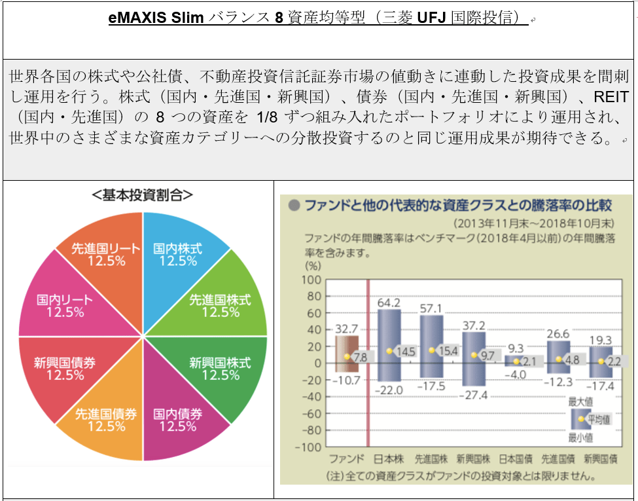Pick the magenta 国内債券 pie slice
pyautogui.click(x=178, y=420)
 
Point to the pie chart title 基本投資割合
pyautogui.click(x=142, y=195)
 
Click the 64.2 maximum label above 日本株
pyautogui.click(x=389, y=303)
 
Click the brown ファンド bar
pyautogui.click(x=346, y=354)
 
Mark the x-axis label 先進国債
pyautogui.click(x=558, y=459)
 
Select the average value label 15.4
pyautogui.click(x=448, y=351)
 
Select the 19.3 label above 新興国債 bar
pyautogui.click(x=601, y=341)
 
